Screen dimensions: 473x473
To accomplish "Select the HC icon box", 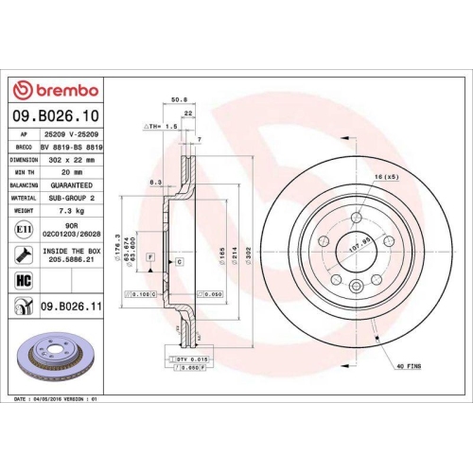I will [x=23, y=281].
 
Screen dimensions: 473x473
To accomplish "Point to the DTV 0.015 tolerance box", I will [x=193, y=360].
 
